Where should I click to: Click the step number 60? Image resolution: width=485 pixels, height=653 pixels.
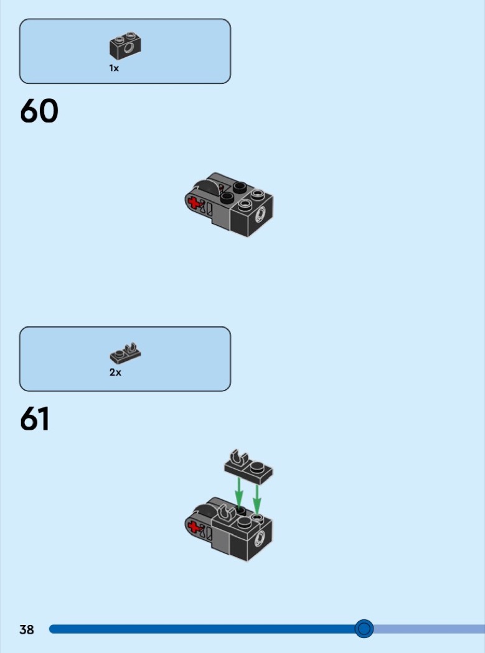pyautogui.click(x=39, y=111)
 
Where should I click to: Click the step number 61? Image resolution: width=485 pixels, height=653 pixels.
pyautogui.click(x=35, y=419)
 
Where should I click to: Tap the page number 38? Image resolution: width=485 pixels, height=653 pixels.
pyautogui.click(x=26, y=629)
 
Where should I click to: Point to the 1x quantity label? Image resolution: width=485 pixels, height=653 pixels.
pyautogui.click(x=114, y=68)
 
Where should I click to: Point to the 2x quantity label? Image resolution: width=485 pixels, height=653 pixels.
pyautogui.click(x=115, y=373)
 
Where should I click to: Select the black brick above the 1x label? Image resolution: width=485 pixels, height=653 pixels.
pyautogui.click(x=125, y=45)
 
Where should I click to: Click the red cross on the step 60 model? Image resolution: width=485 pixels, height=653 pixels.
pyautogui.click(x=194, y=203)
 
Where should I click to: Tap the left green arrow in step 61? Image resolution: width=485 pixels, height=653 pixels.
pyautogui.click(x=238, y=493)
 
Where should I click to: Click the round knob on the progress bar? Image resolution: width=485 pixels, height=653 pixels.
pyautogui.click(x=364, y=628)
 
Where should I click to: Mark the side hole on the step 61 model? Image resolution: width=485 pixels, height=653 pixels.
pyautogui.click(x=260, y=539)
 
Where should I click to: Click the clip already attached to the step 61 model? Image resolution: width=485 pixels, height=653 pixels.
pyautogui.click(x=225, y=513)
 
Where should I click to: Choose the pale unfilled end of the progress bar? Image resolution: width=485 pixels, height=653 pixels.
pyautogui.click(x=429, y=629)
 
